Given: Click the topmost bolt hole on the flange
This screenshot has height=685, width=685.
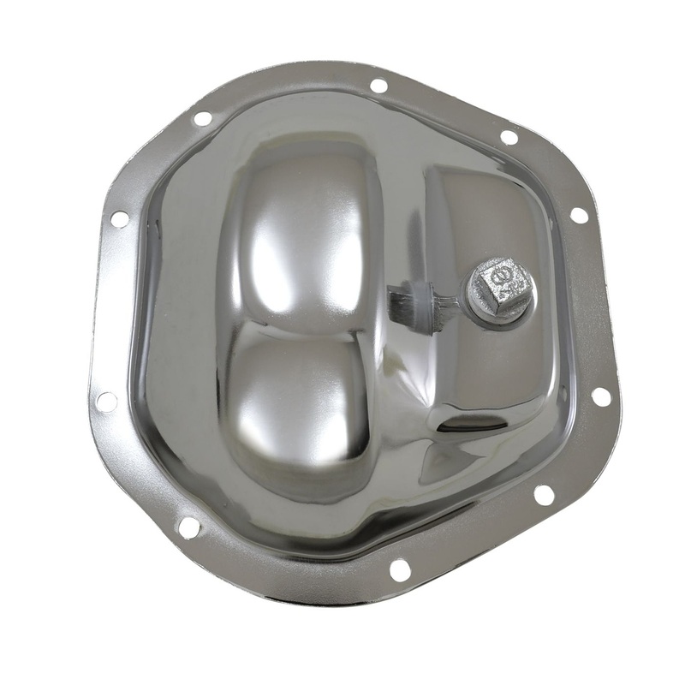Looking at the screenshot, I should click(378, 86).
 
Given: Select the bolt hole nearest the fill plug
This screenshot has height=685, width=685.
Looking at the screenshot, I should click(579, 215).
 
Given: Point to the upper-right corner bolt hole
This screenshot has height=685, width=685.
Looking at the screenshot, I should click(509, 137).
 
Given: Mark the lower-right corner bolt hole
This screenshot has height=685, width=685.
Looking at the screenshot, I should click(543, 494).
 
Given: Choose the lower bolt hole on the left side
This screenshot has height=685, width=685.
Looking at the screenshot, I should click(106, 401).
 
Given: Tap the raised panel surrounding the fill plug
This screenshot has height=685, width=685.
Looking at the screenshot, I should click(488, 214).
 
